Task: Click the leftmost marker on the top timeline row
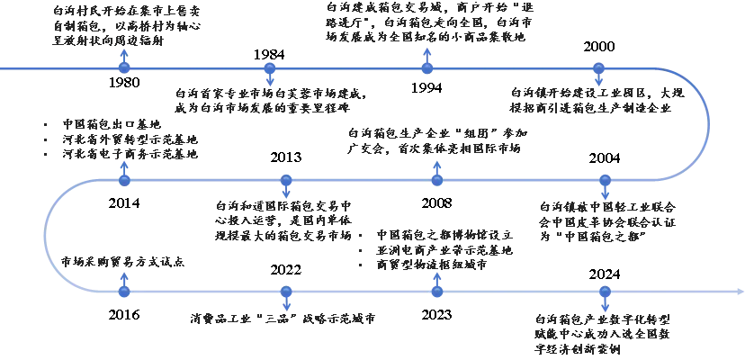(124, 67)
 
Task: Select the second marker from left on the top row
(269, 68)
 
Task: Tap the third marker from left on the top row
(426, 67)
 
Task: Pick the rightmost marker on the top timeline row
(597, 68)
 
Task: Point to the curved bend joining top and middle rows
(708, 124)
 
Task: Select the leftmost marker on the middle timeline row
(124, 179)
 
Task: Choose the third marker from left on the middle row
(437, 179)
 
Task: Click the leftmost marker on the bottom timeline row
(124, 290)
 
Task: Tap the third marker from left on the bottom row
(437, 290)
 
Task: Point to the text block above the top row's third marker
(428, 21)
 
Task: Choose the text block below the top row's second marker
(268, 101)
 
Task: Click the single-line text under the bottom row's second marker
(283, 317)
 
